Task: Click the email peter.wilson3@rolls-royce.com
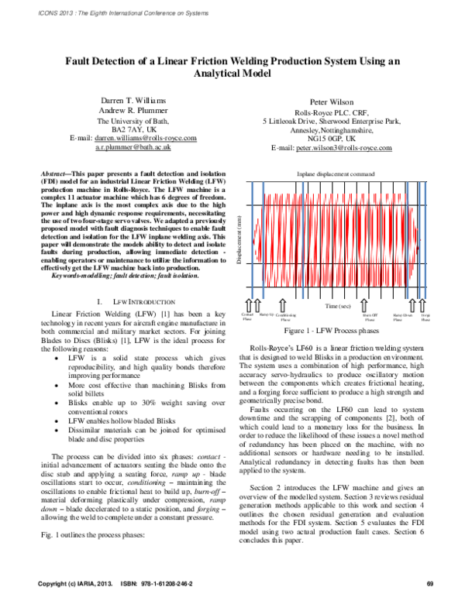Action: coord(331,146)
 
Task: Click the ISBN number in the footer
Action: coord(152,582)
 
